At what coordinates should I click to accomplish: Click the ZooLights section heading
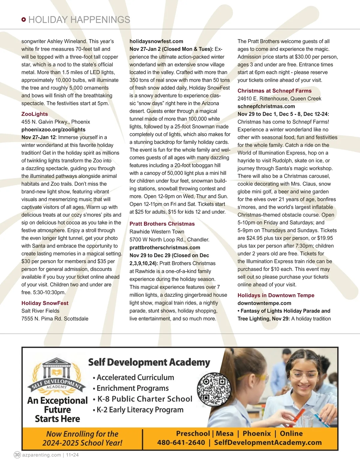[34, 114]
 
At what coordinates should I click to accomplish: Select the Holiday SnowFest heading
[45, 303]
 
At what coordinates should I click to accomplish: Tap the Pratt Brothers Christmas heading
[162, 224]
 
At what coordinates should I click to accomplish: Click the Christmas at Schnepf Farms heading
[274, 91]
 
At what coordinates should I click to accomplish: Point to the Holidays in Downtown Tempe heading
[276, 295]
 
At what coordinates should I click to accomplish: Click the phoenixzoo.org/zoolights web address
[53, 129]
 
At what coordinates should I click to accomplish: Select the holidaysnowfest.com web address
[156, 41]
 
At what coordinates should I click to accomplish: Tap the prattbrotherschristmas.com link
[165, 248]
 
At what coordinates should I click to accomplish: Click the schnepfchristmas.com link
[266, 106]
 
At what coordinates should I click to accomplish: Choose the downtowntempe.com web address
[264, 303]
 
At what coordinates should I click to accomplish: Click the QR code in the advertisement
[214, 389]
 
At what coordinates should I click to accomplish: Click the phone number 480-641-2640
[181, 442]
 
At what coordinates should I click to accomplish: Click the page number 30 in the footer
[17, 455]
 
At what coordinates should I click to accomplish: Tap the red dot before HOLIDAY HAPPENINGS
[24, 20]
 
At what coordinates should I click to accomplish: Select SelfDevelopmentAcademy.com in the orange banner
[268, 442]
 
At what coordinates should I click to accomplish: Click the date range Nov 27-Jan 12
[38, 137]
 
